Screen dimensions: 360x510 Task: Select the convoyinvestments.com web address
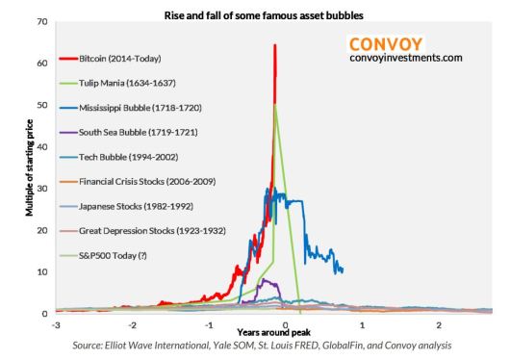coord(407,58)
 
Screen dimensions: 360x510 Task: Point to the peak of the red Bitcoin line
coord(275,45)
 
